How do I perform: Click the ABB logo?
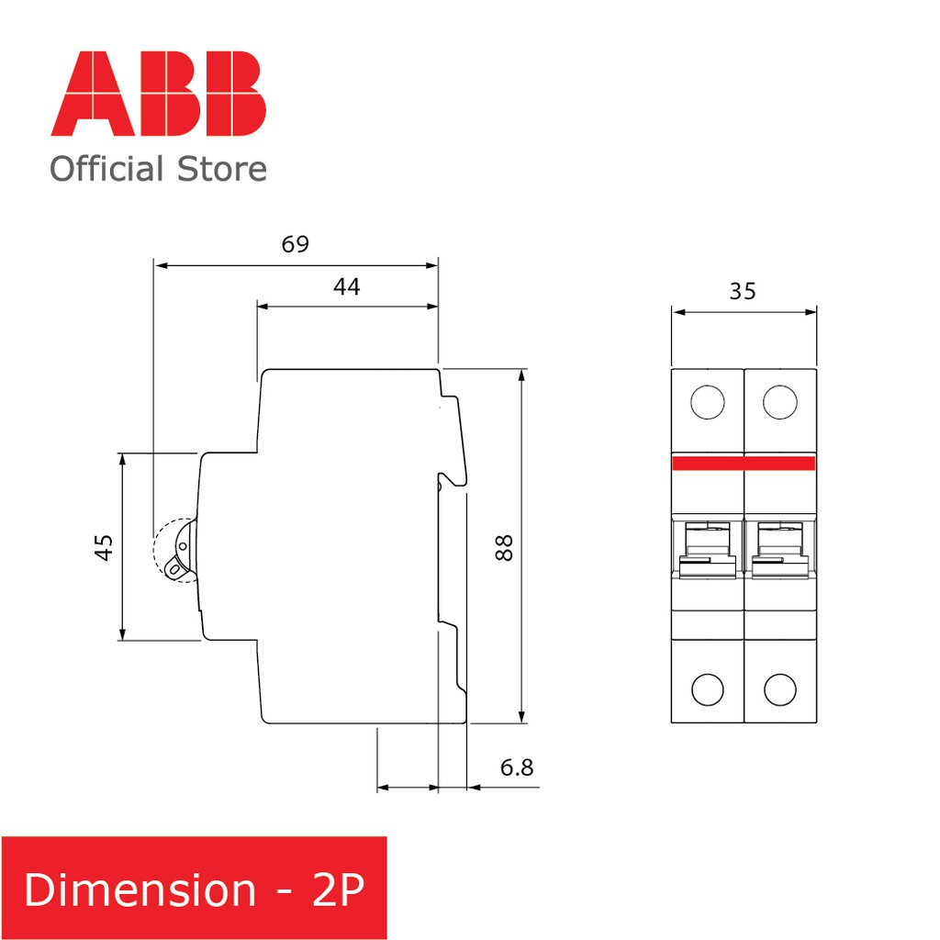(159, 95)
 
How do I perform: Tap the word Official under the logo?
(107, 170)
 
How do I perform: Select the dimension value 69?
(295, 245)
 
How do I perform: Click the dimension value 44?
(346, 287)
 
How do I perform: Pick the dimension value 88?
(504, 547)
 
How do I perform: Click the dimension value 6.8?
(517, 767)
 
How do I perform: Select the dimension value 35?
(743, 292)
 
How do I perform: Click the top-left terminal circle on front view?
(708, 402)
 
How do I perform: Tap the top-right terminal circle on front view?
(779, 402)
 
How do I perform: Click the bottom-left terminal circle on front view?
(708, 688)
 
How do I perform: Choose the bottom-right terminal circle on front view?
(779, 688)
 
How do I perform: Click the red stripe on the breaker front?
(744, 463)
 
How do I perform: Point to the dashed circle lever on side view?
(174, 551)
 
